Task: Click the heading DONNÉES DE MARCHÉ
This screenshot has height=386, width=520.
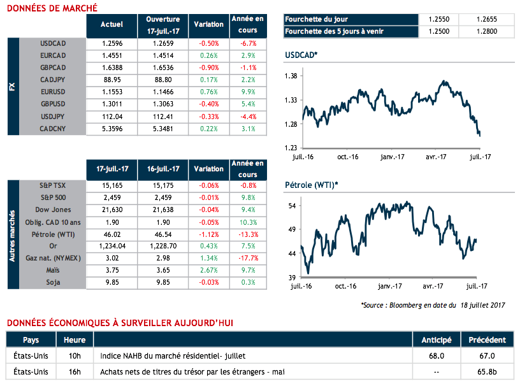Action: pyautogui.click(x=52, y=8)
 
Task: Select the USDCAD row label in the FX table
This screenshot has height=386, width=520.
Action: pyautogui.click(x=53, y=43)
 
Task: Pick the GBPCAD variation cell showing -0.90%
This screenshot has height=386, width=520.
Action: pyautogui.click(x=208, y=68)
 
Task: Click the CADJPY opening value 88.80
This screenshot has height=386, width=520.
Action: pyautogui.click(x=162, y=80)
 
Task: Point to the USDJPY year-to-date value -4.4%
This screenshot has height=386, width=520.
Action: pyautogui.click(x=249, y=117)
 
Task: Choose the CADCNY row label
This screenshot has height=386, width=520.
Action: pyautogui.click(x=53, y=129)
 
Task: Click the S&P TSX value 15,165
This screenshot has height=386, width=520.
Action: pyautogui.click(x=112, y=185)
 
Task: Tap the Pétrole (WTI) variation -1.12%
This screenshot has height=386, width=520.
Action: pyautogui.click(x=208, y=234)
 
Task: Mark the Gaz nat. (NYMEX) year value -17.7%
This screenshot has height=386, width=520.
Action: pyautogui.click(x=249, y=258)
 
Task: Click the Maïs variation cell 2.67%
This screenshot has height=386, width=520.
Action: pyautogui.click(x=208, y=270)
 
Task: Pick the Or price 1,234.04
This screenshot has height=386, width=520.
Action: pyautogui.click(x=112, y=246)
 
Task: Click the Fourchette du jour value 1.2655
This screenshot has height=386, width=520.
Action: pyautogui.click(x=488, y=20)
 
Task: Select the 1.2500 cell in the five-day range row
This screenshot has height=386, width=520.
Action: pyautogui.click(x=439, y=32)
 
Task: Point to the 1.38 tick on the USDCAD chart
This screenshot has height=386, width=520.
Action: pyautogui.click(x=291, y=76)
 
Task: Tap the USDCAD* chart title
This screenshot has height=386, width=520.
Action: pyautogui.click(x=301, y=56)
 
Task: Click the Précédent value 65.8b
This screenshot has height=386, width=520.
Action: pyautogui.click(x=487, y=371)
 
